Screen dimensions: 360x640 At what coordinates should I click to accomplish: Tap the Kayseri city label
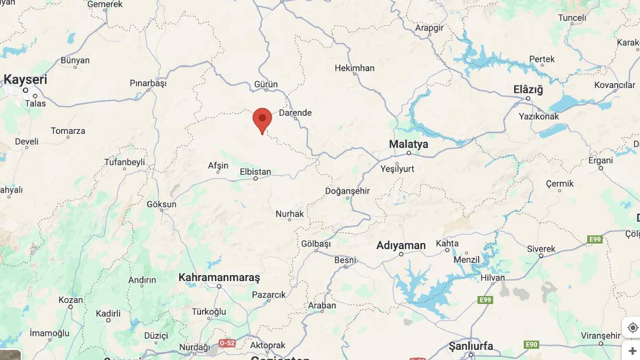pos(25,80)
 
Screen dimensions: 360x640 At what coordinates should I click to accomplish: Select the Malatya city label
pos(408,144)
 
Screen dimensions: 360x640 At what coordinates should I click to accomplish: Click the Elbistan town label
pos(255,172)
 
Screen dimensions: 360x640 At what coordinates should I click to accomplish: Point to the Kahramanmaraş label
pos(219,277)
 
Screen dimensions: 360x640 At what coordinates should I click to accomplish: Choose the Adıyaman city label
pos(401,245)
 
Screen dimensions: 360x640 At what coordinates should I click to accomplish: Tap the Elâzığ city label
pos(527,90)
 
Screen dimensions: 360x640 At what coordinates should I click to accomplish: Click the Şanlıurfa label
pos(471,346)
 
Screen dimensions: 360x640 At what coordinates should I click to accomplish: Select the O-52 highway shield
pos(227,343)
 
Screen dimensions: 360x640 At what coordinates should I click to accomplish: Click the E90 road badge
pos(531,345)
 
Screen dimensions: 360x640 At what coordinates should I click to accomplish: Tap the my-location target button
pos(633,327)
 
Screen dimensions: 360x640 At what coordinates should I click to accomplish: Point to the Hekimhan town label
pos(355,68)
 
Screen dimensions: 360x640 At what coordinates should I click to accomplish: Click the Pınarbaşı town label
pos(148,83)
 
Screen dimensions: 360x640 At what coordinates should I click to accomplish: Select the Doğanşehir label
pos(347,191)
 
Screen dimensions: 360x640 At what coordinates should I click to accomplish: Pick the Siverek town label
pos(541,249)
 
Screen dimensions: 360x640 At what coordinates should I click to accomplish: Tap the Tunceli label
pos(572,18)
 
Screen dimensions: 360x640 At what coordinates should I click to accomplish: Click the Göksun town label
pos(161,204)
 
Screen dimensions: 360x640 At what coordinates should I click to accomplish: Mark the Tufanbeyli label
pos(124,162)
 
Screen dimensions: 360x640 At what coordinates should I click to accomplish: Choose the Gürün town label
pos(266,84)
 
